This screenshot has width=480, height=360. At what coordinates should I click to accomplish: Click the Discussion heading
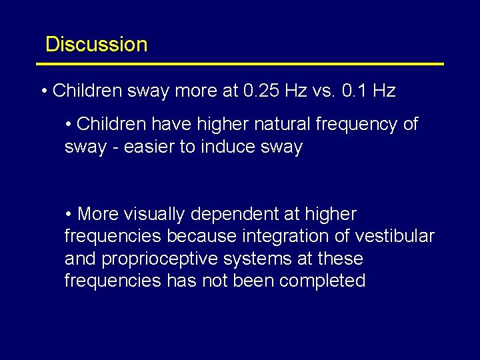96,45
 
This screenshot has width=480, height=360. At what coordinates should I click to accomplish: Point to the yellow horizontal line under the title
240,64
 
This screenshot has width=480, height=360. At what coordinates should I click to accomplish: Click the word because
201,237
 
